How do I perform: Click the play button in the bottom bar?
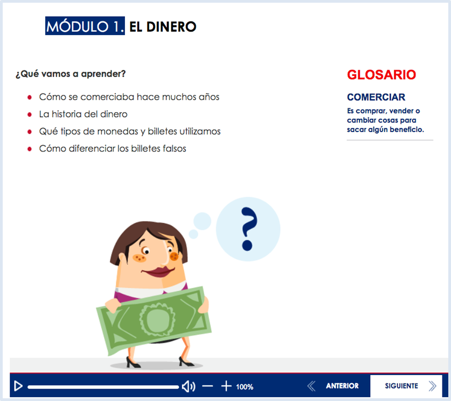point(18,386)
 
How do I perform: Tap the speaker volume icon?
point(188,386)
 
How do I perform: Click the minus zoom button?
point(207,386)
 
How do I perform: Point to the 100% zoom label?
point(245,386)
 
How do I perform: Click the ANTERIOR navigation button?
point(342,386)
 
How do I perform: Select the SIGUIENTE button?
point(402,386)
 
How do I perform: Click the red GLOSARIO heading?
point(381,75)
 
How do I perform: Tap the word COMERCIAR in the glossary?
point(376,98)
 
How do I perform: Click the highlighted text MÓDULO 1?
point(85,26)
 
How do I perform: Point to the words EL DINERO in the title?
point(163,26)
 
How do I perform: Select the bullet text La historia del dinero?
point(83,114)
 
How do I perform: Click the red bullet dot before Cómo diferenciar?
point(29,149)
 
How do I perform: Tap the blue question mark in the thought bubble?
point(248,229)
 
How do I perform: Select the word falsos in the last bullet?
point(173,149)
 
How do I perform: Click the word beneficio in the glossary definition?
point(407,129)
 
